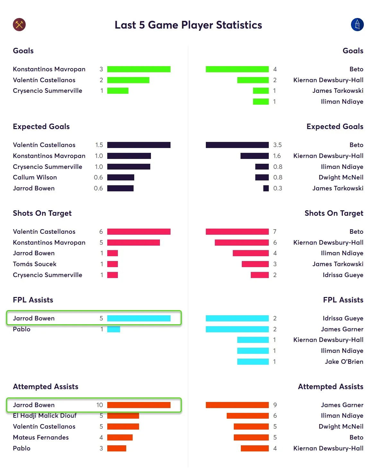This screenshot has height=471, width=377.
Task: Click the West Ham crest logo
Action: (x=19, y=25)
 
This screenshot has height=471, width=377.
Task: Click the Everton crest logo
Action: (x=357, y=25)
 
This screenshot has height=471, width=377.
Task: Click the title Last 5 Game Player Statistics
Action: (x=188, y=25)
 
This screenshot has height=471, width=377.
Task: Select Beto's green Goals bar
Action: (x=237, y=69)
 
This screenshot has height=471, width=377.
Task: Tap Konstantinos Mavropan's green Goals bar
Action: (x=139, y=69)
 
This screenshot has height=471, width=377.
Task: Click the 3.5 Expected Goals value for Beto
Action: (x=277, y=145)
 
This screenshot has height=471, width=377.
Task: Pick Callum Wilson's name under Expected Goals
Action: (x=35, y=177)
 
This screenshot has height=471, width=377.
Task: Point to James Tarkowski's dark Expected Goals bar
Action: (x=266, y=188)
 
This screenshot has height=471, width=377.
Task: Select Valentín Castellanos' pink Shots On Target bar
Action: (x=139, y=231)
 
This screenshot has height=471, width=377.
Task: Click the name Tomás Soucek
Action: (x=35, y=264)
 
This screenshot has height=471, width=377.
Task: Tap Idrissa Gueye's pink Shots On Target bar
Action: (x=259, y=275)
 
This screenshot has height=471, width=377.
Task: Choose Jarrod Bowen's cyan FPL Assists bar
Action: (x=139, y=318)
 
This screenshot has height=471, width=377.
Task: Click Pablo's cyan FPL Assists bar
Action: (x=114, y=329)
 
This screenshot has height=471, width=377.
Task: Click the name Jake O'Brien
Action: (x=344, y=362)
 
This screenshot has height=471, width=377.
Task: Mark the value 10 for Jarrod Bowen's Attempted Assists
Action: (x=100, y=405)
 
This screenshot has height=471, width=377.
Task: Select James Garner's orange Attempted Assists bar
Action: (x=237, y=405)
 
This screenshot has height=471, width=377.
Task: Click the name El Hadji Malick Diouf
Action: (x=45, y=415)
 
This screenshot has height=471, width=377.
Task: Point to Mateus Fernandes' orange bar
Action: (x=120, y=437)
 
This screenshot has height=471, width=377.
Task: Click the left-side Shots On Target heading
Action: (x=42, y=213)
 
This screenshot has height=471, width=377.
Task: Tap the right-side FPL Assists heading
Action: (x=343, y=300)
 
